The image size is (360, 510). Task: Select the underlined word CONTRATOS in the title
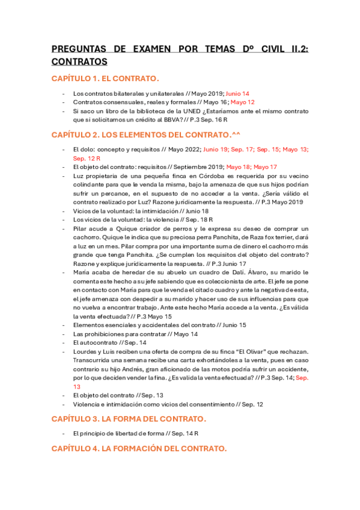79,61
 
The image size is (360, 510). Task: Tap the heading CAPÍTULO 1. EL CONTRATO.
105,79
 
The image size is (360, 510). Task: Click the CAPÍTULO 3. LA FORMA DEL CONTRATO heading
129,418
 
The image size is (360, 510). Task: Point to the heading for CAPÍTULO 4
139,448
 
